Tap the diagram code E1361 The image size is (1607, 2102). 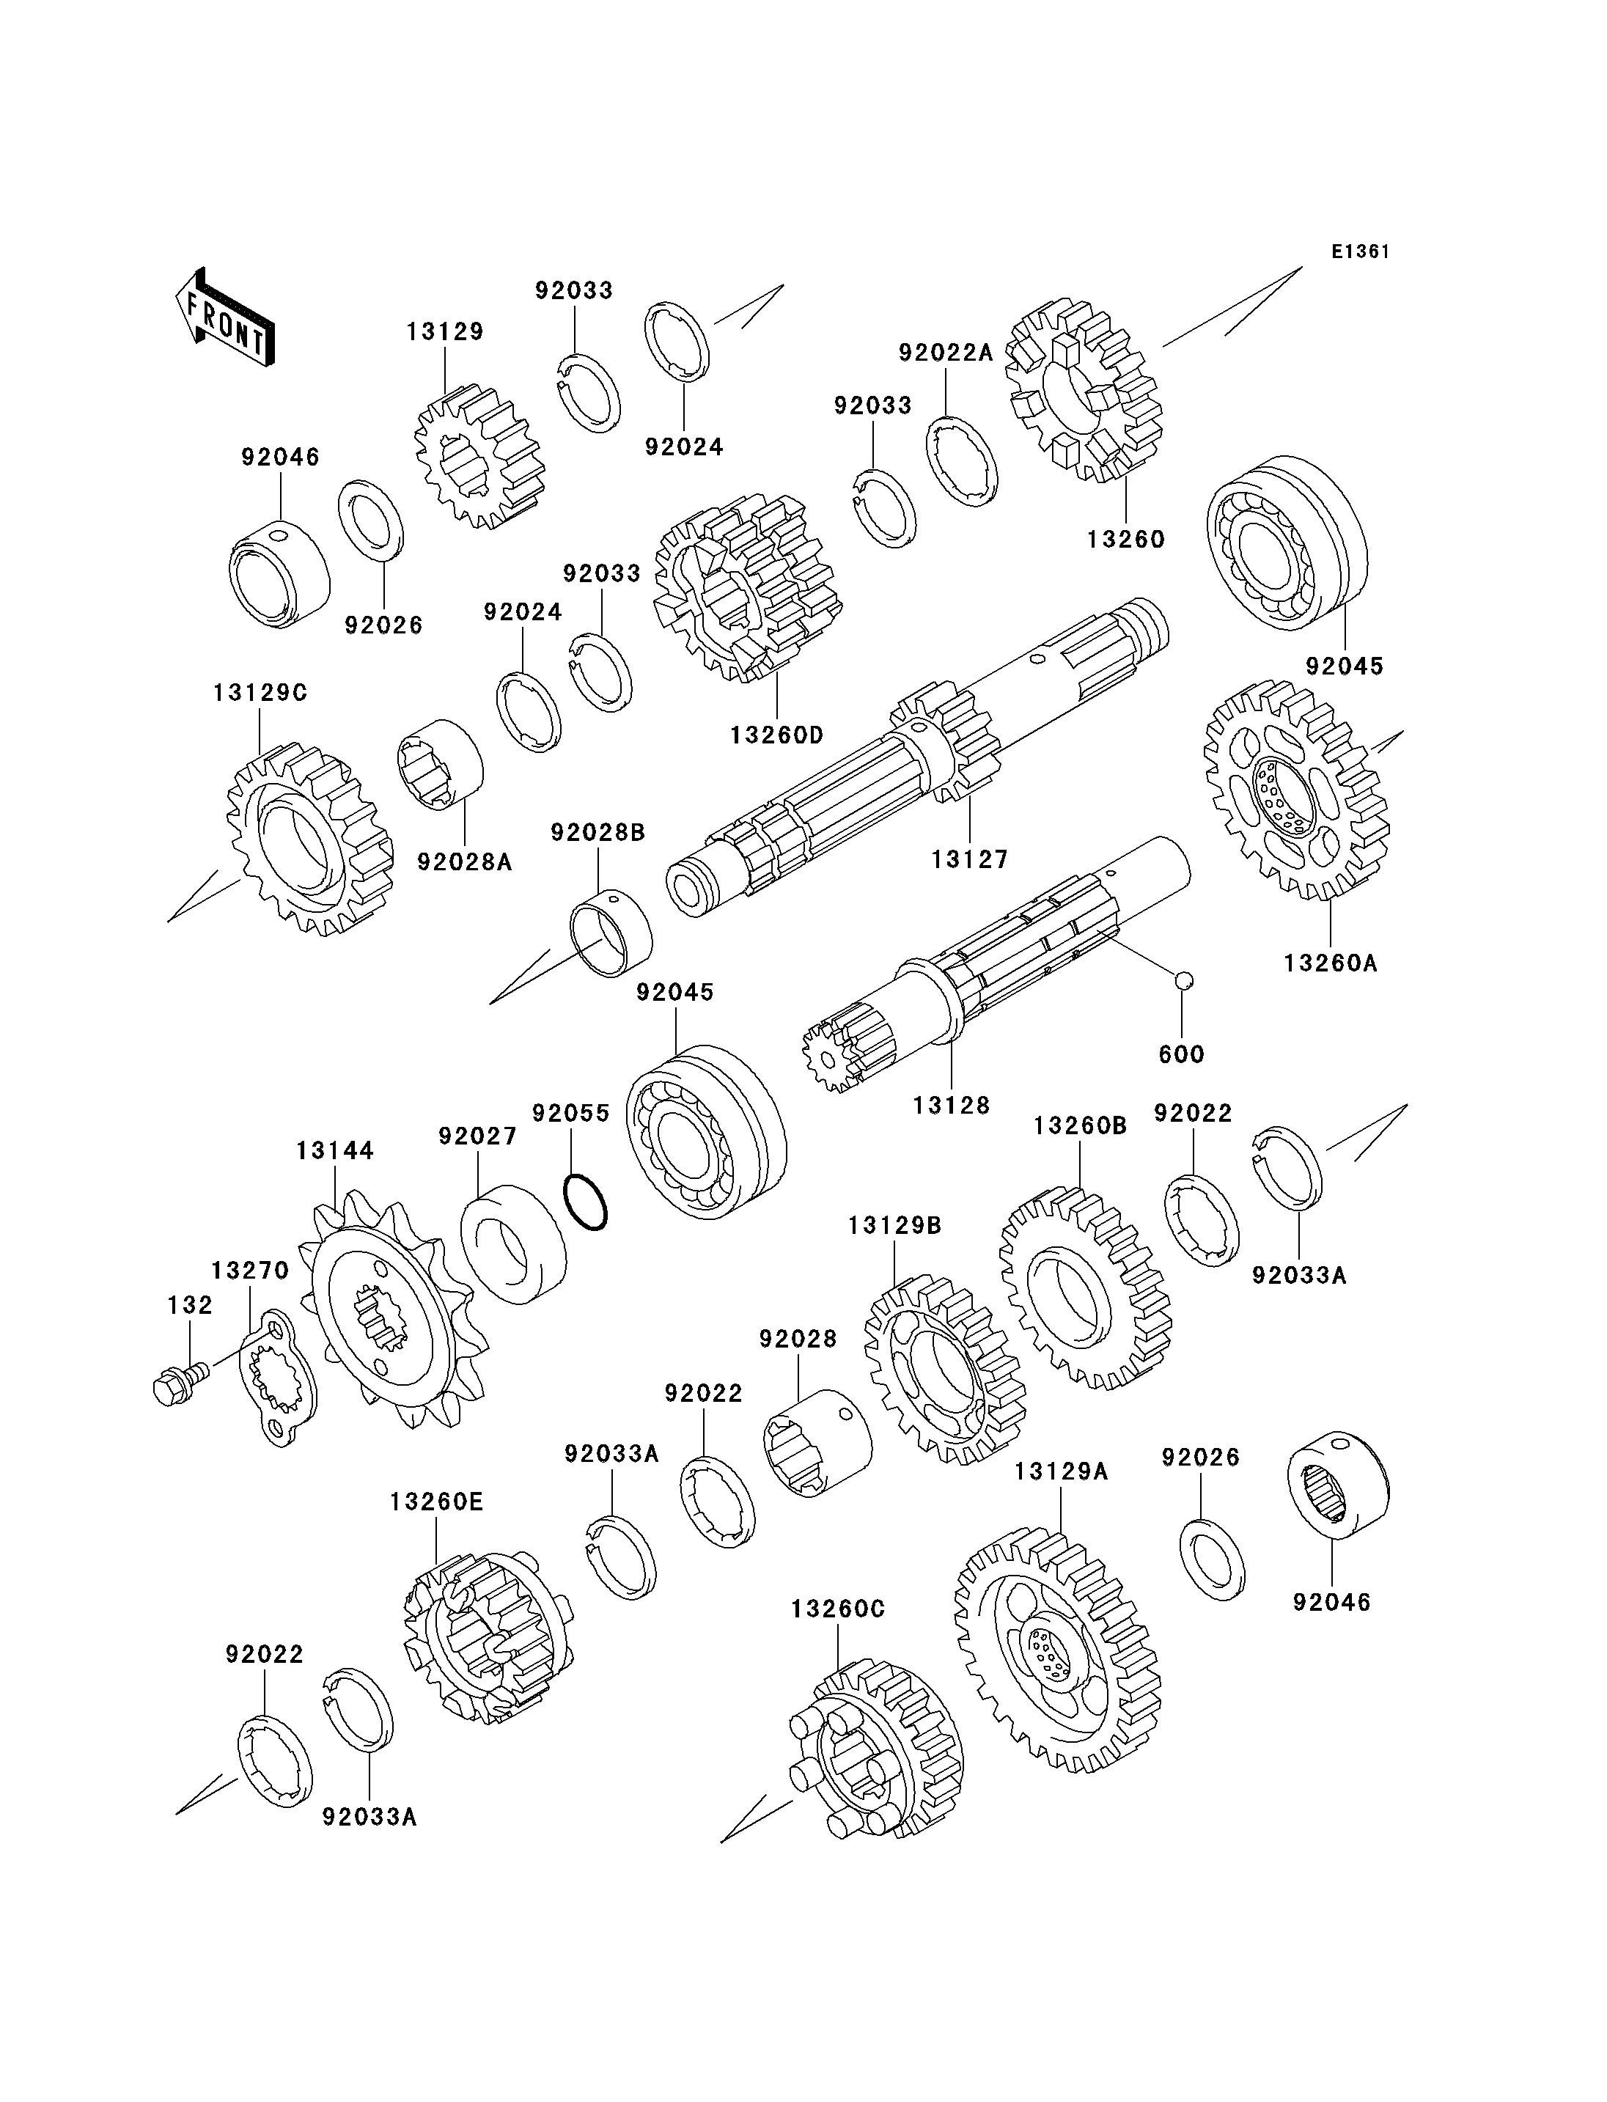pyautogui.click(x=1360, y=251)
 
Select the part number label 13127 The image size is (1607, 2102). pyautogui.click(x=970, y=859)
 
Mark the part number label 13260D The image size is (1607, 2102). pyautogui.click(x=776, y=735)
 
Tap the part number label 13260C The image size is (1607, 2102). pyautogui.click(x=838, y=1610)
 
